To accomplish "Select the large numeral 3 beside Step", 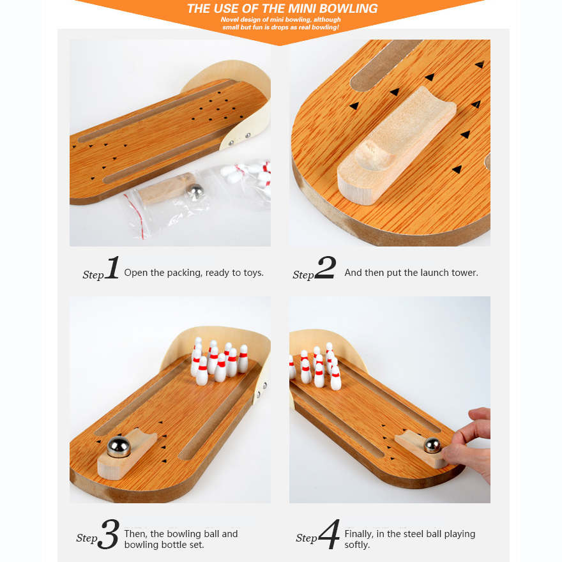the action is tap(109, 534).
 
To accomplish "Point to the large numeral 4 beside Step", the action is tap(329, 534).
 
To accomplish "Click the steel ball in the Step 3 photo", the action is tap(119, 447).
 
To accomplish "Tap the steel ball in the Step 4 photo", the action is tap(432, 445).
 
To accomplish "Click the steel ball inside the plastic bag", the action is tap(195, 192).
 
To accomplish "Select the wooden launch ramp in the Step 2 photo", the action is tap(397, 146).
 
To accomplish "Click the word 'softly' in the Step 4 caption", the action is tap(356, 545).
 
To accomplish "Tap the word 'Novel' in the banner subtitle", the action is tap(229, 20).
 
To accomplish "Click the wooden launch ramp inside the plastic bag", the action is tap(165, 188).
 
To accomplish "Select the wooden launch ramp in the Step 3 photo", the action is tap(127, 453).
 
